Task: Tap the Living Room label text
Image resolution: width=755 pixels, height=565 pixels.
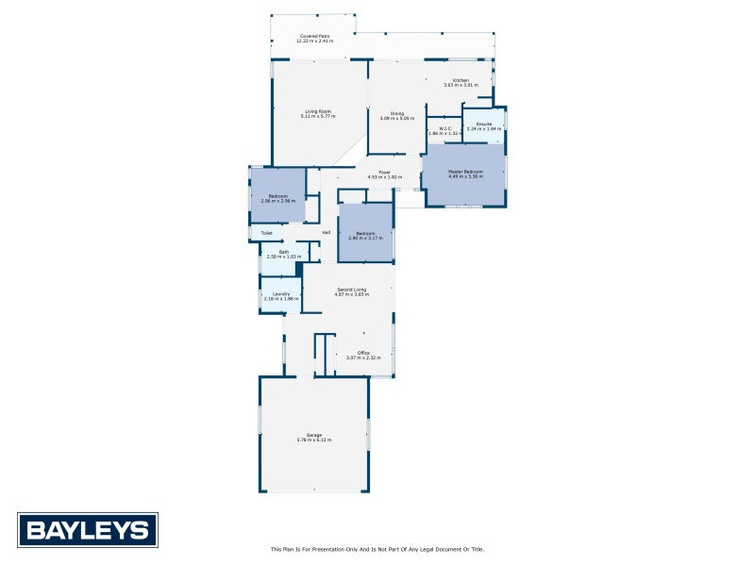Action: click(317, 112)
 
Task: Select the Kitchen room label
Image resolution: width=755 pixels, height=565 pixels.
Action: click(461, 81)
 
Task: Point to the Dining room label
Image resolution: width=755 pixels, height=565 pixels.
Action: click(397, 114)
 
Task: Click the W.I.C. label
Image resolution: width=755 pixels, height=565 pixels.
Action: click(445, 129)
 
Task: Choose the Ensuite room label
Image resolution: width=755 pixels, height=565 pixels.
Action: click(484, 125)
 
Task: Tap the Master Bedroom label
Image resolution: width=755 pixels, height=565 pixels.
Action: click(465, 172)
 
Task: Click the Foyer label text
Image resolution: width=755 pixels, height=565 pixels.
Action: click(385, 173)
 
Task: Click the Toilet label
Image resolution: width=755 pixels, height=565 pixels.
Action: click(266, 232)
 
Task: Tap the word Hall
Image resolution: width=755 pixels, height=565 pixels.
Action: click(326, 232)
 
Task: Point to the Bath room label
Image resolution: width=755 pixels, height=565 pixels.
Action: click(284, 251)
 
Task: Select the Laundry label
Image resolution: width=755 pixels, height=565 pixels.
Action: click(280, 293)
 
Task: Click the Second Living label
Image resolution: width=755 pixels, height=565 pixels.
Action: click(350, 290)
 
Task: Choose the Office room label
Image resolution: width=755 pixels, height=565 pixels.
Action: click(363, 353)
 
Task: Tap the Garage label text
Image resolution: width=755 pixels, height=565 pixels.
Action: click(313, 435)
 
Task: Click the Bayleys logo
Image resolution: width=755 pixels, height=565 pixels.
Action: click(88, 530)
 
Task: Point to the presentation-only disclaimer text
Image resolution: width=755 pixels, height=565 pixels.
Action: click(377, 549)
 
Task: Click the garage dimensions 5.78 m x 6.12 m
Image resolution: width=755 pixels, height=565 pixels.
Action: click(313, 440)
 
